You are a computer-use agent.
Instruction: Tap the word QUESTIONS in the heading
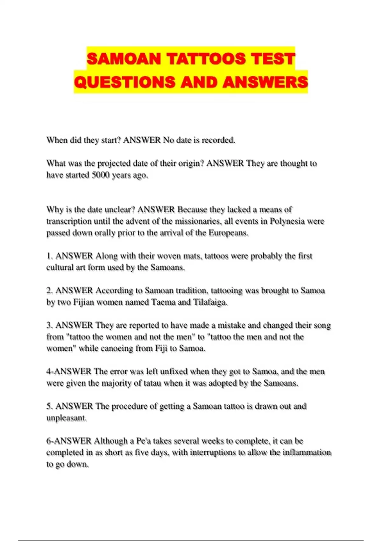(x=124, y=82)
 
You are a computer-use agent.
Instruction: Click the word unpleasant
(x=66, y=418)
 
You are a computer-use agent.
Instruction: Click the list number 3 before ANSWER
(x=49, y=325)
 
